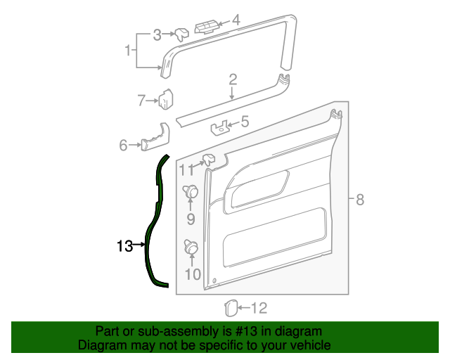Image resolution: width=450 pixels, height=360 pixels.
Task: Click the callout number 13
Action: click(x=124, y=246)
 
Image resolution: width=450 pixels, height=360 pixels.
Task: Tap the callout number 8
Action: click(x=359, y=200)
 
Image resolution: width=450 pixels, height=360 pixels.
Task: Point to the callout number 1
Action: click(x=128, y=51)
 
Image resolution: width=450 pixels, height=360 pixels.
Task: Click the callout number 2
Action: click(x=232, y=80)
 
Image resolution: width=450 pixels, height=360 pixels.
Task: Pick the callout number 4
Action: click(x=236, y=21)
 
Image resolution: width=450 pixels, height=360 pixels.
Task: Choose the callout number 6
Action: click(x=123, y=146)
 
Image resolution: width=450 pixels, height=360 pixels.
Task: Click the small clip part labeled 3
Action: click(x=181, y=34)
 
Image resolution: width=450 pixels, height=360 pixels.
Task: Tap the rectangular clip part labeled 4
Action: click(x=206, y=27)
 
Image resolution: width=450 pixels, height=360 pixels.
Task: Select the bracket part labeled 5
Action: click(x=220, y=128)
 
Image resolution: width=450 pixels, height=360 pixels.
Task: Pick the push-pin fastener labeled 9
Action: click(x=190, y=192)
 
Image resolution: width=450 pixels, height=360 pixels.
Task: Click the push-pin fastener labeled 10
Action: click(x=190, y=247)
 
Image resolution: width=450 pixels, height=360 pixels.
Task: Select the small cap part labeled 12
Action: click(x=229, y=307)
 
